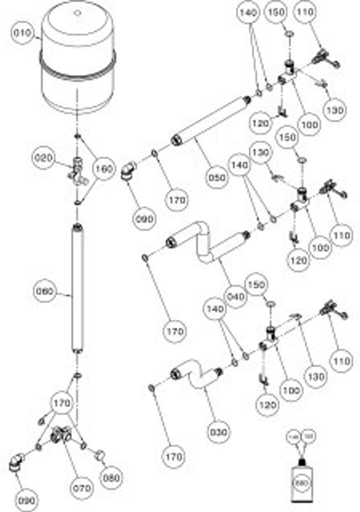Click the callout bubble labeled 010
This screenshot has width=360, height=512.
click(x=22, y=34)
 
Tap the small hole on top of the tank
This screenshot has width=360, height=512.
click(x=77, y=12)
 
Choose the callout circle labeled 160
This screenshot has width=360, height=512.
click(x=104, y=169)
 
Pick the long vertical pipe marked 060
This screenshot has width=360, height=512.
click(x=77, y=290)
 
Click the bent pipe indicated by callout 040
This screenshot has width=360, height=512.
click(x=205, y=245)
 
